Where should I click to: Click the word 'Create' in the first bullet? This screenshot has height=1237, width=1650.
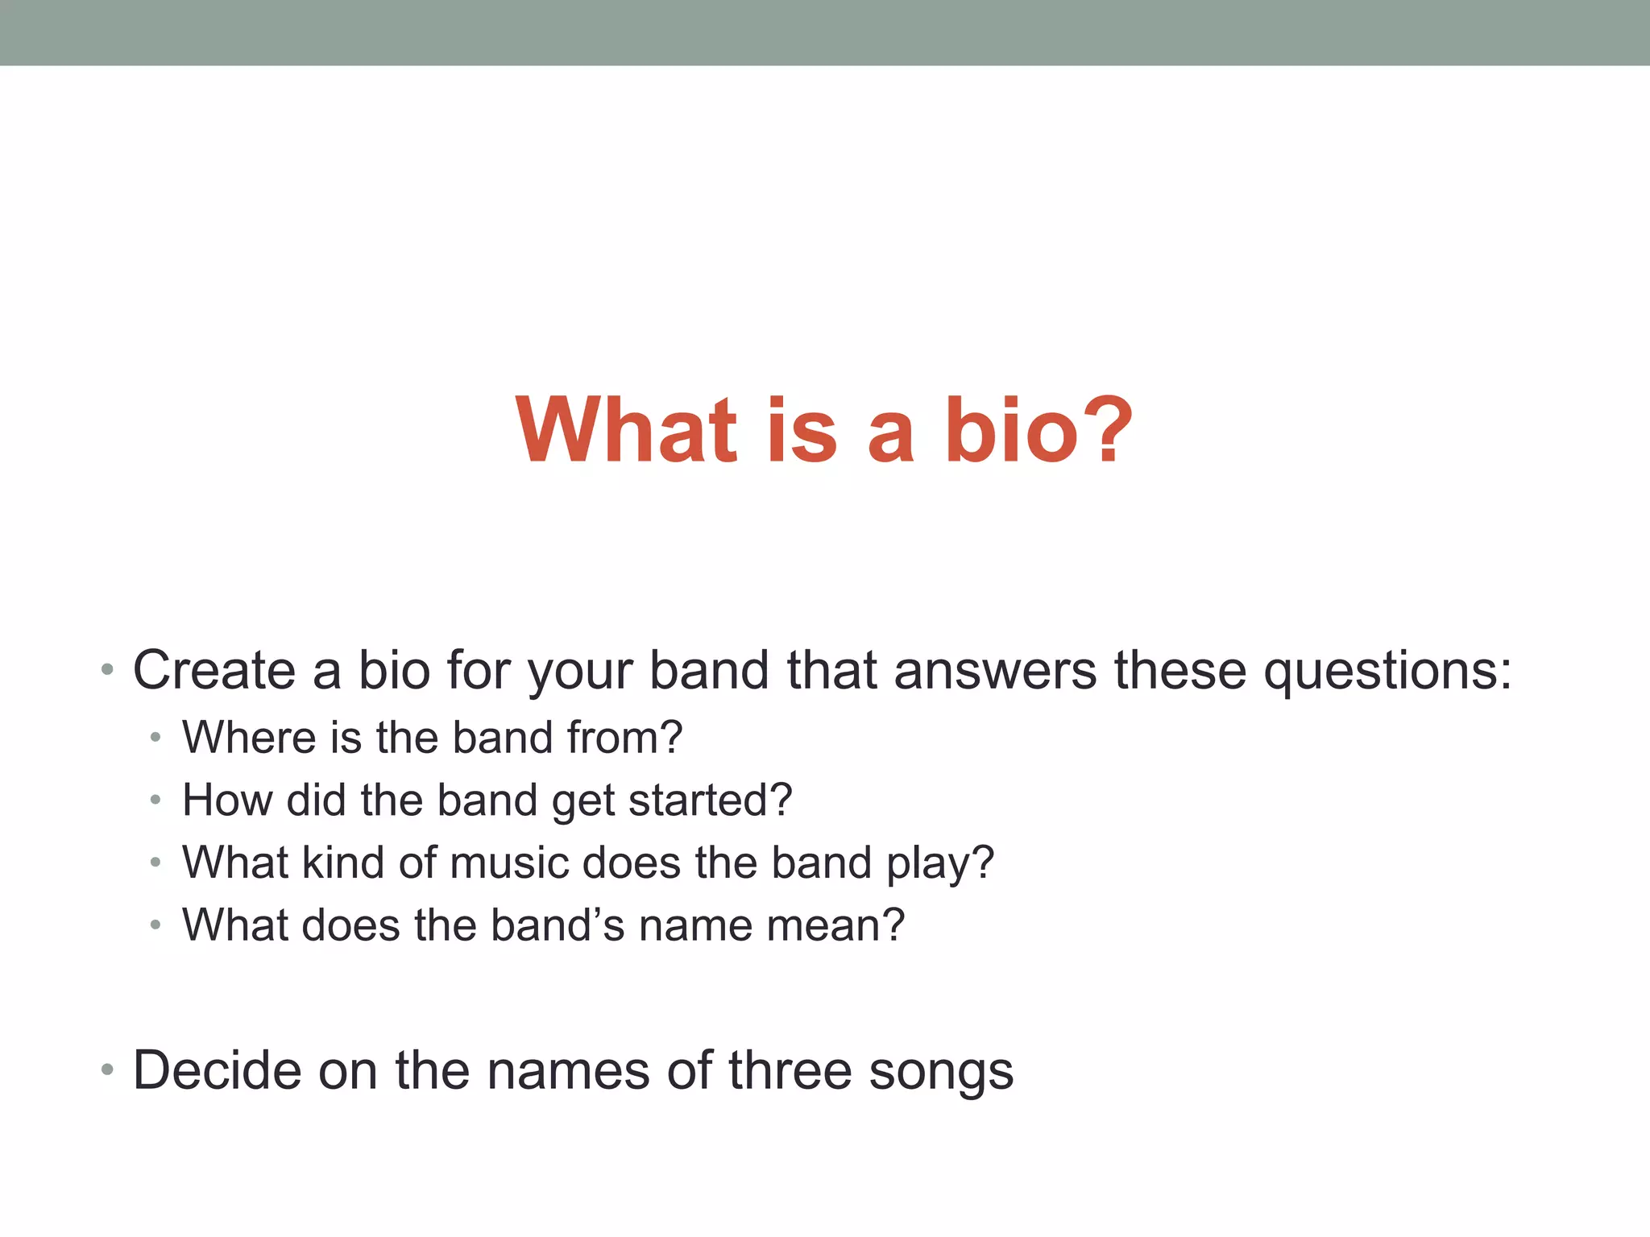click(214, 670)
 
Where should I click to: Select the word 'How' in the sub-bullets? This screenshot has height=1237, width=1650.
click(226, 800)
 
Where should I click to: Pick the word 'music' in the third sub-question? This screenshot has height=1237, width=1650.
click(509, 863)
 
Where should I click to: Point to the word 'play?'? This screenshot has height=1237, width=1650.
click(940, 863)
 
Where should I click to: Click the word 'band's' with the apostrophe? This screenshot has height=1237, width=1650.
click(558, 925)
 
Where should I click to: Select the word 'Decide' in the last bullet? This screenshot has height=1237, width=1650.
click(217, 1070)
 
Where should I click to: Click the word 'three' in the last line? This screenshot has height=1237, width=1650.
click(790, 1070)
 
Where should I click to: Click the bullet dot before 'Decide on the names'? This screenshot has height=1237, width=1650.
click(107, 1070)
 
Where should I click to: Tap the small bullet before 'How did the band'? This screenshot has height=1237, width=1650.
click(155, 800)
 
